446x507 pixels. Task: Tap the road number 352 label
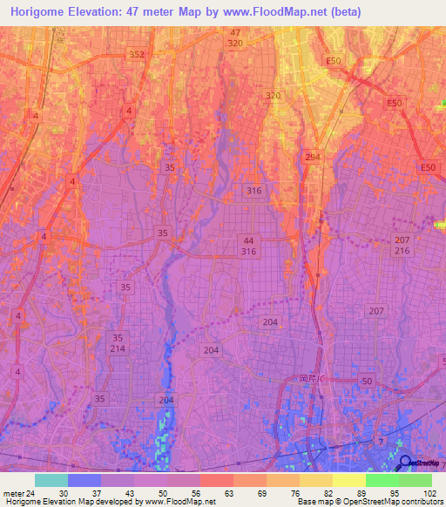[x=136, y=54]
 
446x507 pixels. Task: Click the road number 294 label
[x=311, y=156]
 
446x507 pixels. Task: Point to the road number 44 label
[x=249, y=240]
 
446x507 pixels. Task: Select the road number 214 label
[x=118, y=348]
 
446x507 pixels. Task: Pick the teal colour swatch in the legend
[x=51, y=480]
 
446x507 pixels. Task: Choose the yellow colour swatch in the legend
[x=348, y=480]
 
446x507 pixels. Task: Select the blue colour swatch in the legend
[x=84, y=480]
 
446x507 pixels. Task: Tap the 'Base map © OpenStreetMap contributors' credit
[x=369, y=502]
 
